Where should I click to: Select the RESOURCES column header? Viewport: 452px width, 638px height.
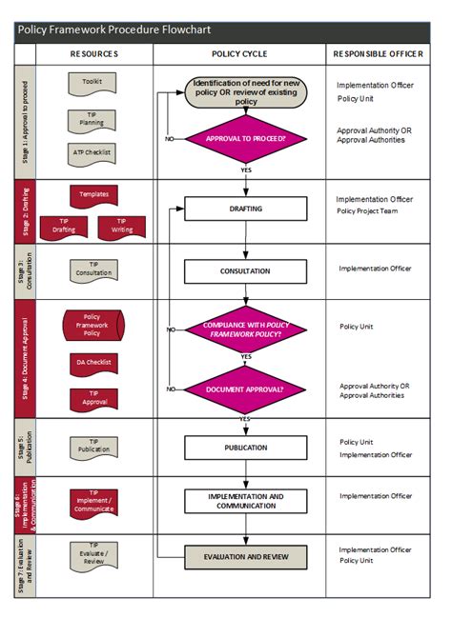tap(93, 54)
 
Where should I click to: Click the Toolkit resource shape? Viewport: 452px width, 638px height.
tap(93, 83)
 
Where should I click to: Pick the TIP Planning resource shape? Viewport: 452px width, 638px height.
tap(93, 119)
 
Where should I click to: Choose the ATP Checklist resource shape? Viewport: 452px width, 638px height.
tap(93, 151)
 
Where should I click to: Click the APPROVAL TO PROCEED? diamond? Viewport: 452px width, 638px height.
tap(246, 139)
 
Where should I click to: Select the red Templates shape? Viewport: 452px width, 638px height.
tap(93, 195)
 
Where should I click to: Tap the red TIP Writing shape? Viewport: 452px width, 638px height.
tap(121, 226)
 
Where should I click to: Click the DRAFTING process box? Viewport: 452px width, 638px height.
tap(246, 209)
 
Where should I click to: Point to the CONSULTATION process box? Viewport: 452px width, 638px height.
tap(246, 271)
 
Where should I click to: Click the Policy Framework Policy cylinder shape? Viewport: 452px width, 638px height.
tap(93, 325)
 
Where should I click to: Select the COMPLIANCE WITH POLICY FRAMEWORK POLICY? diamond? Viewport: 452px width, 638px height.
tap(246, 329)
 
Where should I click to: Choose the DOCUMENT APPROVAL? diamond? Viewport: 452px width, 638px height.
tap(246, 389)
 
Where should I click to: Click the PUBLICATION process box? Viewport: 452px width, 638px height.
tap(246, 447)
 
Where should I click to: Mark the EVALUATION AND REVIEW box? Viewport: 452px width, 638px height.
tap(246, 557)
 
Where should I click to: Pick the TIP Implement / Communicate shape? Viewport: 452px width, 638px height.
tap(93, 502)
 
